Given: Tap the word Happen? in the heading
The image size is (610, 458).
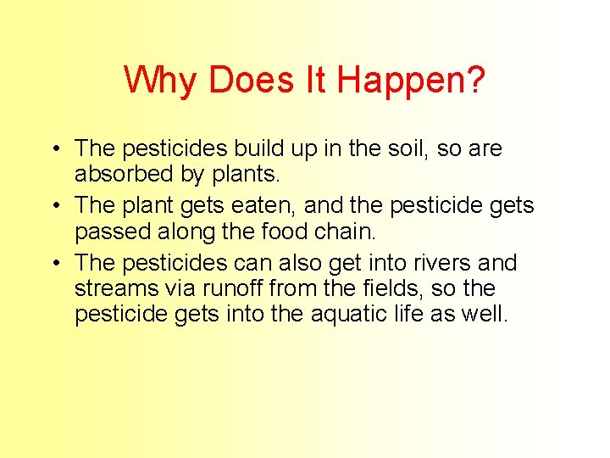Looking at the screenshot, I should (x=411, y=81).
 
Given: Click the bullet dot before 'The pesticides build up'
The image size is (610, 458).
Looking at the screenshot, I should (x=53, y=149).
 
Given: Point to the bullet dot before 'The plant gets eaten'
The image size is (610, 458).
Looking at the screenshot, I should (x=53, y=206).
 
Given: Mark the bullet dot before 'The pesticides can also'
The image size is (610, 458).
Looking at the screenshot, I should (x=53, y=263).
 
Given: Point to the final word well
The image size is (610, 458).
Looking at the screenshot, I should (x=485, y=315).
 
